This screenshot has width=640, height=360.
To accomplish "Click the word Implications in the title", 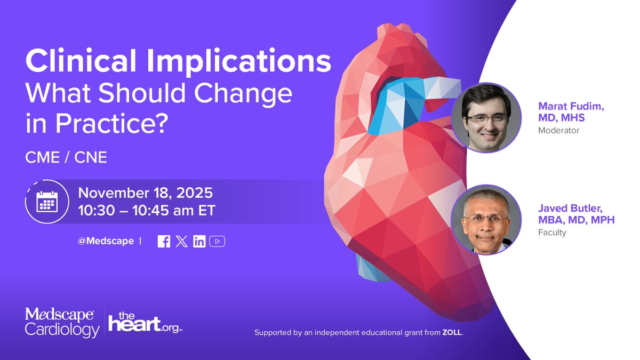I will [239, 62].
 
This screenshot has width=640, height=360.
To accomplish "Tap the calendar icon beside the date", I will [47, 202].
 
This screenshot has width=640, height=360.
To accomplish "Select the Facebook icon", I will [164, 241].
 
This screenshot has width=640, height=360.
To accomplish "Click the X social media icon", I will [181, 241].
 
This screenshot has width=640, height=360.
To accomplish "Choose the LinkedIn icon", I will [199, 241].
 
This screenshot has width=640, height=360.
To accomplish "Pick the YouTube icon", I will [217, 241].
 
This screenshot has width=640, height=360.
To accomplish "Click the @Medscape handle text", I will [106, 241].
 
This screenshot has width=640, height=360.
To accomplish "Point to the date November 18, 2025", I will [146, 192].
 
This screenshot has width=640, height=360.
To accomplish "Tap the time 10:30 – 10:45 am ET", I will [147, 210].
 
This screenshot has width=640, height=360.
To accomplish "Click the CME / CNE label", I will [66, 158].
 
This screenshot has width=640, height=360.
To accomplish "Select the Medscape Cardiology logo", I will [62, 322].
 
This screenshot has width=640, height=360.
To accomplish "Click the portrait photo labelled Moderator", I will [485, 118].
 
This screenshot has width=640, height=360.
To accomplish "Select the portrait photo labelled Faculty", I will [485, 220].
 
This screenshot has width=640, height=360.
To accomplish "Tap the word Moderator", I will [558, 130].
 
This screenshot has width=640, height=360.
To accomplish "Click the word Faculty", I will [552, 233].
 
